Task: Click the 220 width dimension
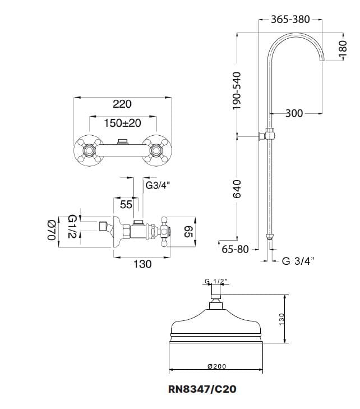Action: point(122,104)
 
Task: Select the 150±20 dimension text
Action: point(122,123)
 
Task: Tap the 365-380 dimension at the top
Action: point(290,19)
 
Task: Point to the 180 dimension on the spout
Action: point(343,49)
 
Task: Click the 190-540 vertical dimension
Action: point(237,90)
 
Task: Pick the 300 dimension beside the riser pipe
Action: point(294,113)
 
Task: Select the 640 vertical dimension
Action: point(237,189)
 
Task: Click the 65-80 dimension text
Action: point(235,249)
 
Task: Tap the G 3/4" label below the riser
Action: point(298,260)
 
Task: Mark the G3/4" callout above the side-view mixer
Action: point(158,186)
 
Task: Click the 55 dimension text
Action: point(126,204)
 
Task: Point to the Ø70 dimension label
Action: point(52,230)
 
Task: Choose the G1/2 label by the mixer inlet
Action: point(72,226)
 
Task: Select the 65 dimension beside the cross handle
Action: point(188,231)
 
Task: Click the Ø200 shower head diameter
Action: point(216,366)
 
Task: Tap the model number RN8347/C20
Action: point(202,389)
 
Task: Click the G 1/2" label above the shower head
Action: point(216,281)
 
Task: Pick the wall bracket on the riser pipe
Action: point(267,134)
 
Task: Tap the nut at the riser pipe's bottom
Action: point(270,236)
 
